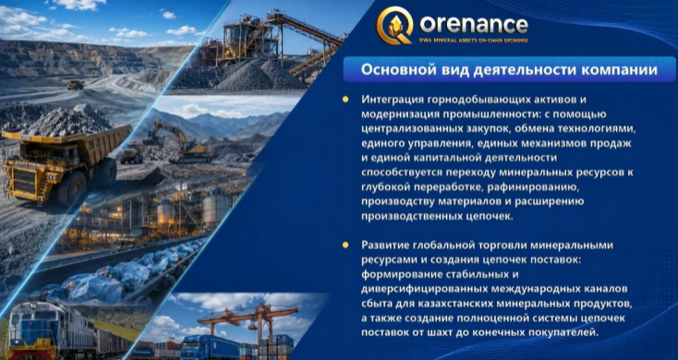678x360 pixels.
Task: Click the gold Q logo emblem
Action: point(393,26)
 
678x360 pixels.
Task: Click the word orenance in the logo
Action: point(474,25)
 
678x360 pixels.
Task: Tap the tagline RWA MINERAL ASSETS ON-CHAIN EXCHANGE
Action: point(474,41)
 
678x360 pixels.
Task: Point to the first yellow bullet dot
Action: point(345,100)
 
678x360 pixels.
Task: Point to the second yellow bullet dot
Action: point(345,245)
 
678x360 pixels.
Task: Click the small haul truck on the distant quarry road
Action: point(76,85)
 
